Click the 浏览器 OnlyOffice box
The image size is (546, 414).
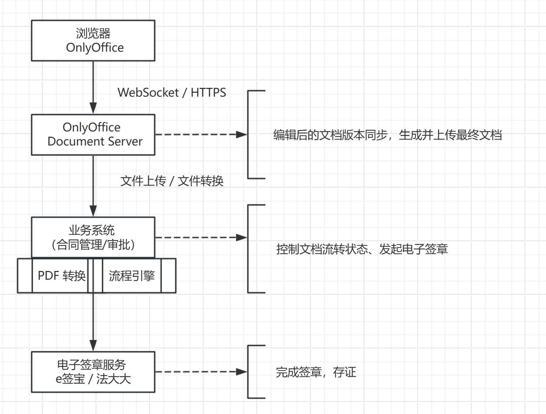93,40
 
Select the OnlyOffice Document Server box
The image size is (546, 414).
93,135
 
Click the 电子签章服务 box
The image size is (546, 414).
93,372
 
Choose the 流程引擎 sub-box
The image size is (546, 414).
132,276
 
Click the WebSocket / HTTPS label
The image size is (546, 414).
172,92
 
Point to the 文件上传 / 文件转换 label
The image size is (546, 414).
172,181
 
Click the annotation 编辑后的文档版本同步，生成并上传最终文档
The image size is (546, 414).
387,135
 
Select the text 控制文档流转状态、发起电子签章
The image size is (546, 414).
362,249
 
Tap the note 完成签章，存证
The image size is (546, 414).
316,372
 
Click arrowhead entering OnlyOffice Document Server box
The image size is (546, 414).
93,108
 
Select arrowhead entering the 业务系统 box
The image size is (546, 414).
93,211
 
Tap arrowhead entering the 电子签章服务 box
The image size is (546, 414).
93,345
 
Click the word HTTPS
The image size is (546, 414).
208,92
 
